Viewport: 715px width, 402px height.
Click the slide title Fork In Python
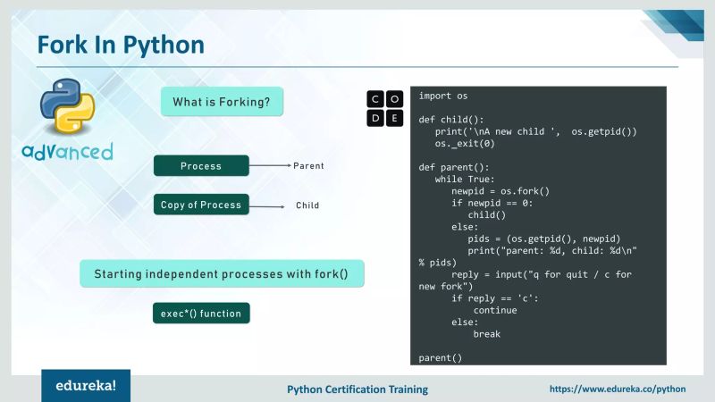(x=121, y=44)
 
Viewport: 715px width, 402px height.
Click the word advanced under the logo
(x=67, y=150)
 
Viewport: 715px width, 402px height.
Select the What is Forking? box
(x=222, y=102)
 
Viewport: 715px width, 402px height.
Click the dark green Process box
(x=201, y=165)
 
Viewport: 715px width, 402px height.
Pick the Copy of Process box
(x=201, y=205)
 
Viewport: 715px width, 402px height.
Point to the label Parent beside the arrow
(x=308, y=166)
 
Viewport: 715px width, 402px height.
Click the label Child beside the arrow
(x=307, y=205)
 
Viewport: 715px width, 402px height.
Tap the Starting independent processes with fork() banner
(x=223, y=273)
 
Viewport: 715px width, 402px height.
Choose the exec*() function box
(x=201, y=314)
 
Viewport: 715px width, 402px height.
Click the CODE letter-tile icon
(x=386, y=107)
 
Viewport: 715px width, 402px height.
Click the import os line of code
(x=443, y=96)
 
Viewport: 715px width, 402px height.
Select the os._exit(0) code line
(x=465, y=143)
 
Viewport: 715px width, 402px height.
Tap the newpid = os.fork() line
(x=500, y=191)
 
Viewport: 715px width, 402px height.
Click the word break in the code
(x=487, y=334)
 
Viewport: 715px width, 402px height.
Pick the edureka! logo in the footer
(x=86, y=386)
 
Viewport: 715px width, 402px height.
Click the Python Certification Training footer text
(x=357, y=389)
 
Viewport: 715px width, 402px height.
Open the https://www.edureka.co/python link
(x=617, y=389)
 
